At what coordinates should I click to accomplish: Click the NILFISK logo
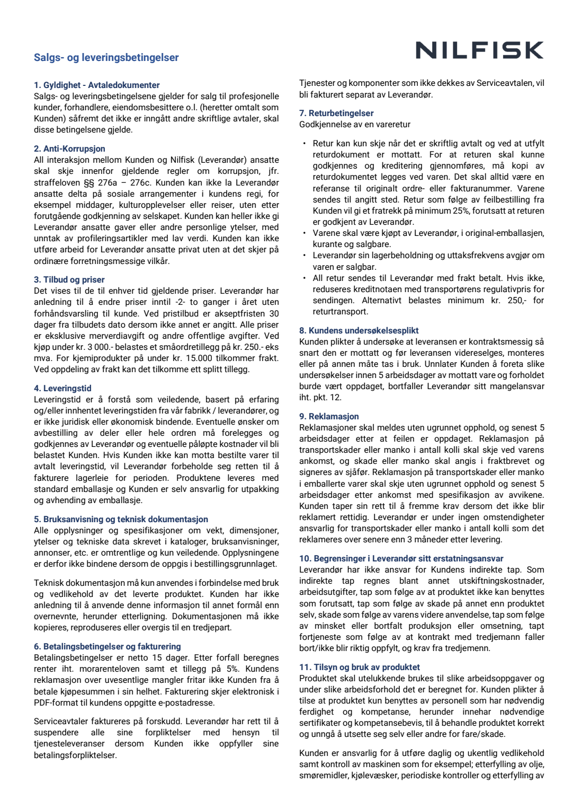click(479, 50)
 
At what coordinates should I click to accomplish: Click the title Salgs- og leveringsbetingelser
click(106, 58)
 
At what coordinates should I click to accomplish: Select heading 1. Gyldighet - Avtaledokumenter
click(96, 85)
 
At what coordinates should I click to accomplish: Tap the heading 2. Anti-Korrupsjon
click(69, 149)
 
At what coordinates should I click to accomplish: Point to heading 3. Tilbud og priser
click(69, 279)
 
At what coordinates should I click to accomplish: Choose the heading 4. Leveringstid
click(62, 388)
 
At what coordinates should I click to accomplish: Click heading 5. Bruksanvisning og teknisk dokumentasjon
click(121, 519)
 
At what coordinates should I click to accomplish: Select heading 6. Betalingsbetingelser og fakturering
click(107, 646)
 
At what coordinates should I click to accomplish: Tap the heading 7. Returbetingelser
click(336, 113)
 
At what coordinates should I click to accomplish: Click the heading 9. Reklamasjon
click(329, 416)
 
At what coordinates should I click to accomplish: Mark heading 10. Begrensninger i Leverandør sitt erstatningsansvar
click(401, 558)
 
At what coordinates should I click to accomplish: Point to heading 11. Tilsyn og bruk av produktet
click(359, 667)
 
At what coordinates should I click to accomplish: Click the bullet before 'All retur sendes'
click(305, 278)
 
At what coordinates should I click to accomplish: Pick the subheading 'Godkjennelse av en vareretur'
click(354, 125)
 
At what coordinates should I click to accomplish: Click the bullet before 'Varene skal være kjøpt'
click(305, 233)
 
